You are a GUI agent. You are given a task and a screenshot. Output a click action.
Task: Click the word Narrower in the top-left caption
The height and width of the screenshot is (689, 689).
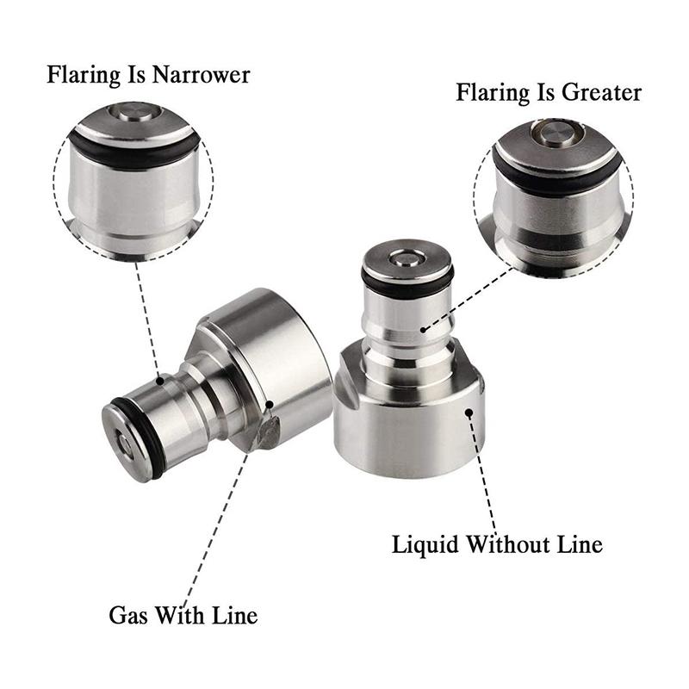pyautogui.click(x=201, y=75)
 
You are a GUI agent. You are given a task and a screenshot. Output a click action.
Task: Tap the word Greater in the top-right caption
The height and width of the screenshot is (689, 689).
pyautogui.click(x=599, y=91)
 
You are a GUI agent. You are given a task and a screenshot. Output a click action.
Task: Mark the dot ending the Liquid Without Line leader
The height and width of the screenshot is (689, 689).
pyautogui.click(x=469, y=413)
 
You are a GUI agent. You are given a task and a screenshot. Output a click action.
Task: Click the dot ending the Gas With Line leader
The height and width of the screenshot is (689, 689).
pyautogui.click(x=269, y=404)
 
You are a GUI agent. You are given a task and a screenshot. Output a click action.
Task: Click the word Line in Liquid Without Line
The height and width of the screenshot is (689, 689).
pyautogui.click(x=578, y=544)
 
